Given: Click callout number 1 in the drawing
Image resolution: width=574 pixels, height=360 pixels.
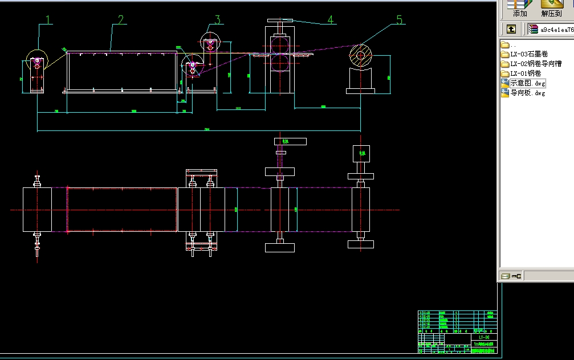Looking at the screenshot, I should tap(48, 20).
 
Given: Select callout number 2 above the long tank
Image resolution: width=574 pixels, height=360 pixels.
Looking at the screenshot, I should tap(120, 20).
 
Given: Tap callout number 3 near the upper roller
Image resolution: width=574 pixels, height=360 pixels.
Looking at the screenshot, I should tap(217, 20).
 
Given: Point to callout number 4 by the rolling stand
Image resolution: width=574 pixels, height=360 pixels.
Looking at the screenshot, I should tap(330, 20).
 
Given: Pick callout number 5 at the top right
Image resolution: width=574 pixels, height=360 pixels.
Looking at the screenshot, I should tap(399, 20).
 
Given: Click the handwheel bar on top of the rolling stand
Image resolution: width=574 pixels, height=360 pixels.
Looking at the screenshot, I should tap(280, 21).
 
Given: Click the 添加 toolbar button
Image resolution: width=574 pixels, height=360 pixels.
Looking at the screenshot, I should tap(520, 9).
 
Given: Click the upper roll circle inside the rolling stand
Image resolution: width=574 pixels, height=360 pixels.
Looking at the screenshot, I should tap(280, 45).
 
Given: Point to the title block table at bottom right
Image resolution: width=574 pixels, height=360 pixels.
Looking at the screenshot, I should tap(457, 332).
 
